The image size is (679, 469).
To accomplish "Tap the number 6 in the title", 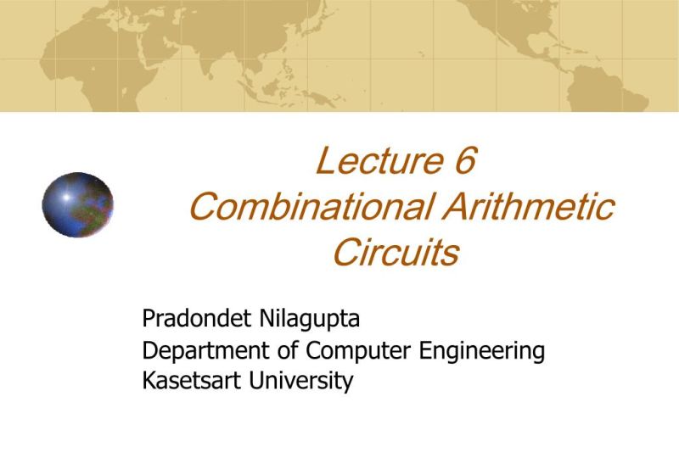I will (463, 161).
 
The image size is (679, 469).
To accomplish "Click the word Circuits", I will (396, 253).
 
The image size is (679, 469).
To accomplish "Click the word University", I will (300, 380).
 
